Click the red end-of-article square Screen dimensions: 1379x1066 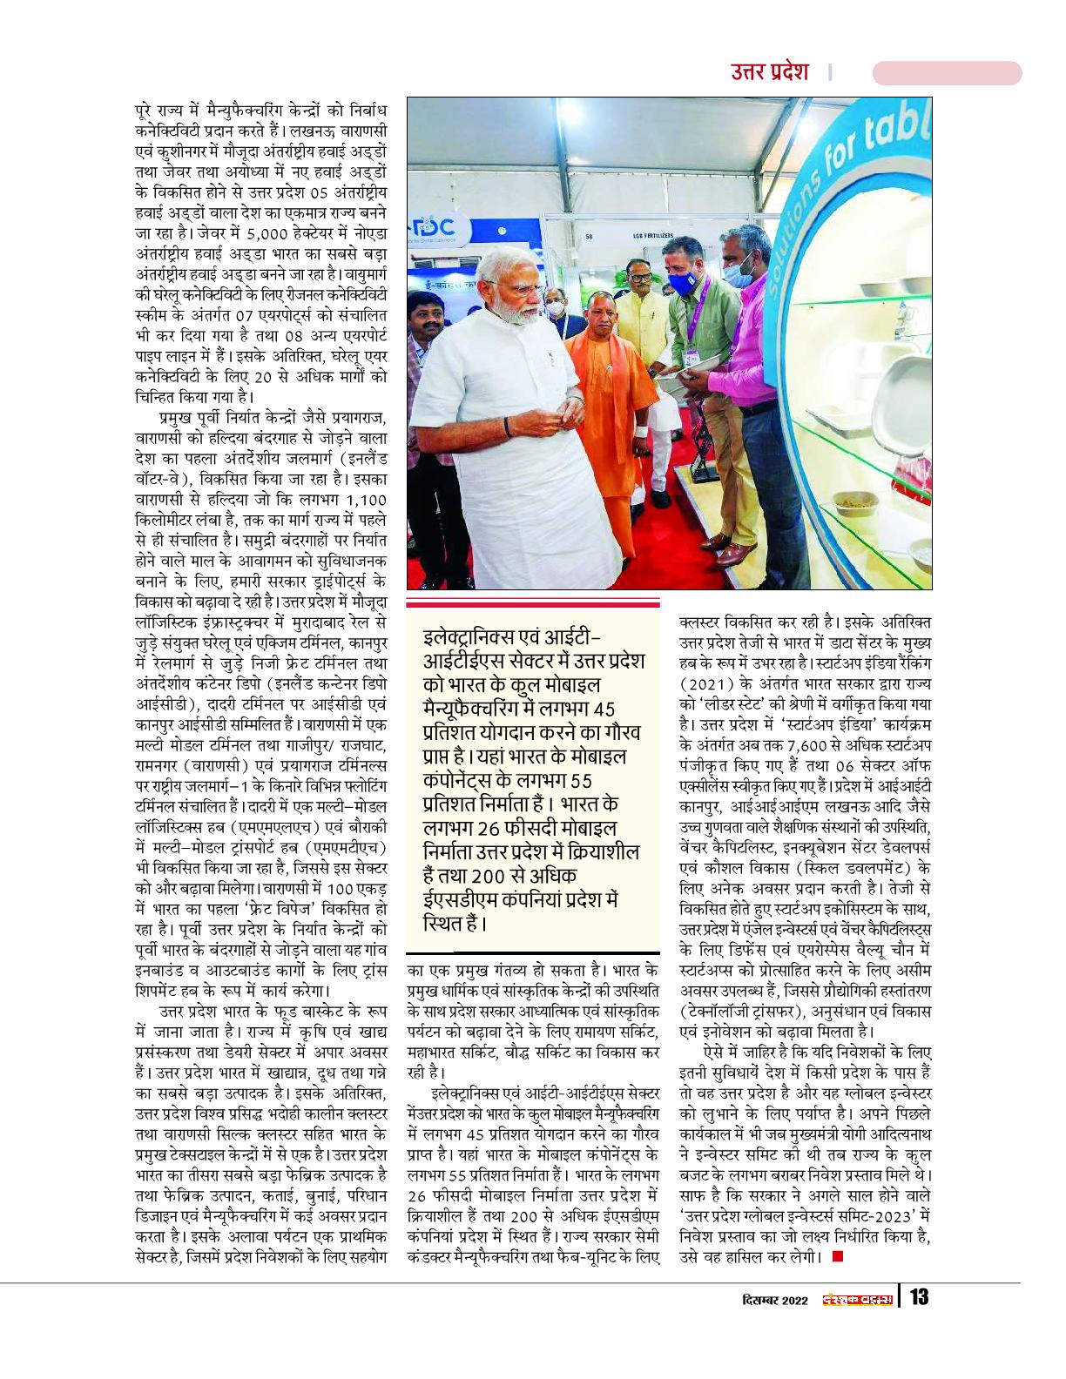838,1255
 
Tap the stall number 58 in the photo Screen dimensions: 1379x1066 589,234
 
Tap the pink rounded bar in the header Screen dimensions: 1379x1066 947,72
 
